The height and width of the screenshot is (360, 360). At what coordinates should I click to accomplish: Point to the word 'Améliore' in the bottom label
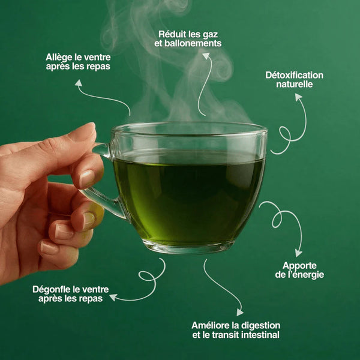tap(211, 325)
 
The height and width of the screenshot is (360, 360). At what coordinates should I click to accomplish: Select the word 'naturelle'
tap(294, 85)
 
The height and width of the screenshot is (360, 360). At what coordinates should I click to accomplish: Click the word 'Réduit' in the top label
tap(171, 34)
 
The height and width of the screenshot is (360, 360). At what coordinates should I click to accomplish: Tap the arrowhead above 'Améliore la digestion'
tap(239, 312)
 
